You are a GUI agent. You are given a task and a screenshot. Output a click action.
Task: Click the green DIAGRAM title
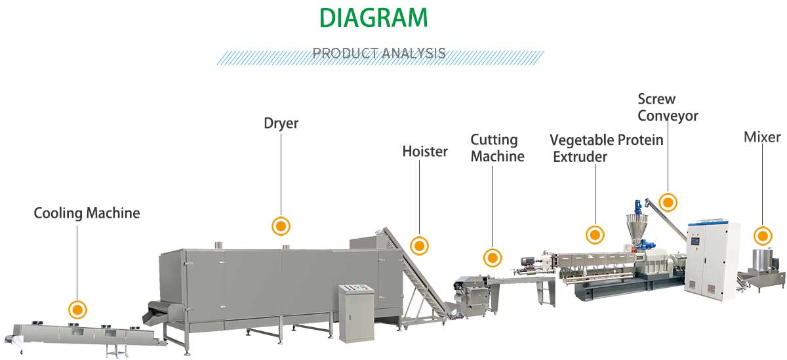(x=373, y=18)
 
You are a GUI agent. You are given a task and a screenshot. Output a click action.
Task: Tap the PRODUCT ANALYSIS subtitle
(x=379, y=53)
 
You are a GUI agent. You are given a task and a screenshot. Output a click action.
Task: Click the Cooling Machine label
(x=87, y=213)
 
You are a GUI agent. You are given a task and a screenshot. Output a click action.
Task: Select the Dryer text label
(x=281, y=123)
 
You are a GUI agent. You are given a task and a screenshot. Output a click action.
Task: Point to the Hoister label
(x=424, y=151)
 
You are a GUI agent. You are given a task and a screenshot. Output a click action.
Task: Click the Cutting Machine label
(x=497, y=148)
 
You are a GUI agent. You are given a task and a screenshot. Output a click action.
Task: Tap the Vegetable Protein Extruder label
(x=606, y=148)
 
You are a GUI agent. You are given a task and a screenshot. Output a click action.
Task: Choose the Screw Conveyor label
(x=668, y=108)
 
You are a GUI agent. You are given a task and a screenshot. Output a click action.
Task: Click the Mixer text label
(x=762, y=137)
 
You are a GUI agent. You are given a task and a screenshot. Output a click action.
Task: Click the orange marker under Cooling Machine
(x=77, y=309)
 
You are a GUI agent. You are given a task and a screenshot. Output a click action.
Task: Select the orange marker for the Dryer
(x=281, y=226)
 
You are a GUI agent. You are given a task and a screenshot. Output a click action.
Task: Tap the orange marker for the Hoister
(x=419, y=246)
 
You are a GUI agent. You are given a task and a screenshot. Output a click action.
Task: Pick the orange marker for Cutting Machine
(x=493, y=258)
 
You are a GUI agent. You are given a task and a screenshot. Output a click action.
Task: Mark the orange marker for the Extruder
(x=595, y=234)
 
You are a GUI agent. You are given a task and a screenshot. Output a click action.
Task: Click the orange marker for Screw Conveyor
(x=668, y=202)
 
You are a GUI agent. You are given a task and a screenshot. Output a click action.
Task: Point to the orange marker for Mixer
(x=762, y=235)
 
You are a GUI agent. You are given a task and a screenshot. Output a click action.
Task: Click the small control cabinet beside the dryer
(x=355, y=311)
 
